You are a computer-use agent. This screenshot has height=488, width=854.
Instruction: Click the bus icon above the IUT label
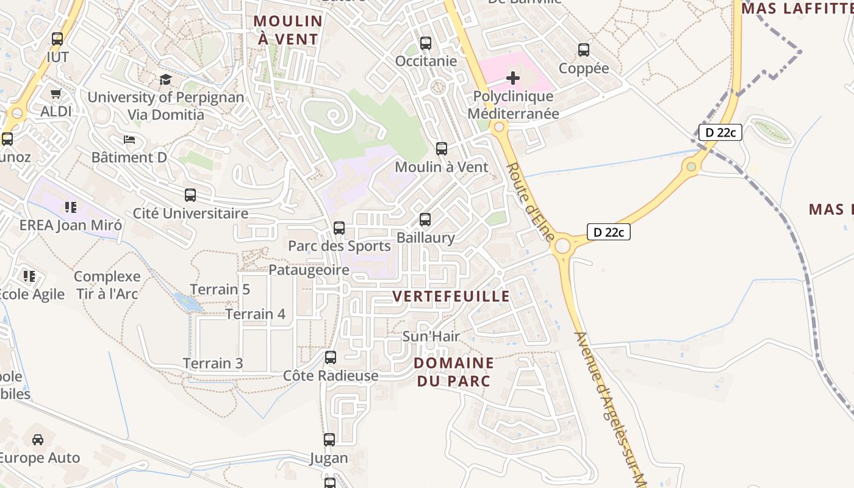tap(57, 39)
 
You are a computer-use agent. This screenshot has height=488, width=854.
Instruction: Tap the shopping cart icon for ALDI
tap(56, 94)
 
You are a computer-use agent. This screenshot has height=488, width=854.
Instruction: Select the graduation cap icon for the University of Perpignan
tap(165, 79)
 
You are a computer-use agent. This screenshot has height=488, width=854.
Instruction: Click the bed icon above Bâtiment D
tap(129, 140)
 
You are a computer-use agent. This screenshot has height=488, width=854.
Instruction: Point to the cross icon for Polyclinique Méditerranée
tap(513, 77)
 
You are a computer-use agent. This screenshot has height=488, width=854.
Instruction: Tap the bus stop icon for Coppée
tap(584, 50)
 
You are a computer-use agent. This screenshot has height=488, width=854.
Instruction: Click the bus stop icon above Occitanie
tap(426, 43)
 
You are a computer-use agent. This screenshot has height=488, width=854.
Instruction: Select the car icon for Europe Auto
tap(38, 439)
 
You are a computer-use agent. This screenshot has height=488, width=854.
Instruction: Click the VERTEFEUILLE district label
tap(451, 296)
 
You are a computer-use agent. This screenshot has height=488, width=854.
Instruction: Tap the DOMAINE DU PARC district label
tap(454, 371)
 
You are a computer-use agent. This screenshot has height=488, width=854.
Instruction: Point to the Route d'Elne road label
tap(531, 201)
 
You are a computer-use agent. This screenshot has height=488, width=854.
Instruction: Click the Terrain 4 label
tap(256, 314)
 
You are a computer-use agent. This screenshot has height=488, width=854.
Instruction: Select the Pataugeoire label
tap(309, 270)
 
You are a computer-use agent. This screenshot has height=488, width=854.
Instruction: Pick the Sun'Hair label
tap(431, 336)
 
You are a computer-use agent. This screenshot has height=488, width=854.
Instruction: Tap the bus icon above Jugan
tap(329, 439)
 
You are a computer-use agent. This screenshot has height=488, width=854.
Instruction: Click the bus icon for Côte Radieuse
tap(331, 357)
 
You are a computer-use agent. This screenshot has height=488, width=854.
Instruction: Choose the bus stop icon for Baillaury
tap(425, 220)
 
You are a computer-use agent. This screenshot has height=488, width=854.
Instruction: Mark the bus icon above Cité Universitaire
tap(190, 195)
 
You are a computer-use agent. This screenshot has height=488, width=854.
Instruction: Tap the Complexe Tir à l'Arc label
tap(107, 285)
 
